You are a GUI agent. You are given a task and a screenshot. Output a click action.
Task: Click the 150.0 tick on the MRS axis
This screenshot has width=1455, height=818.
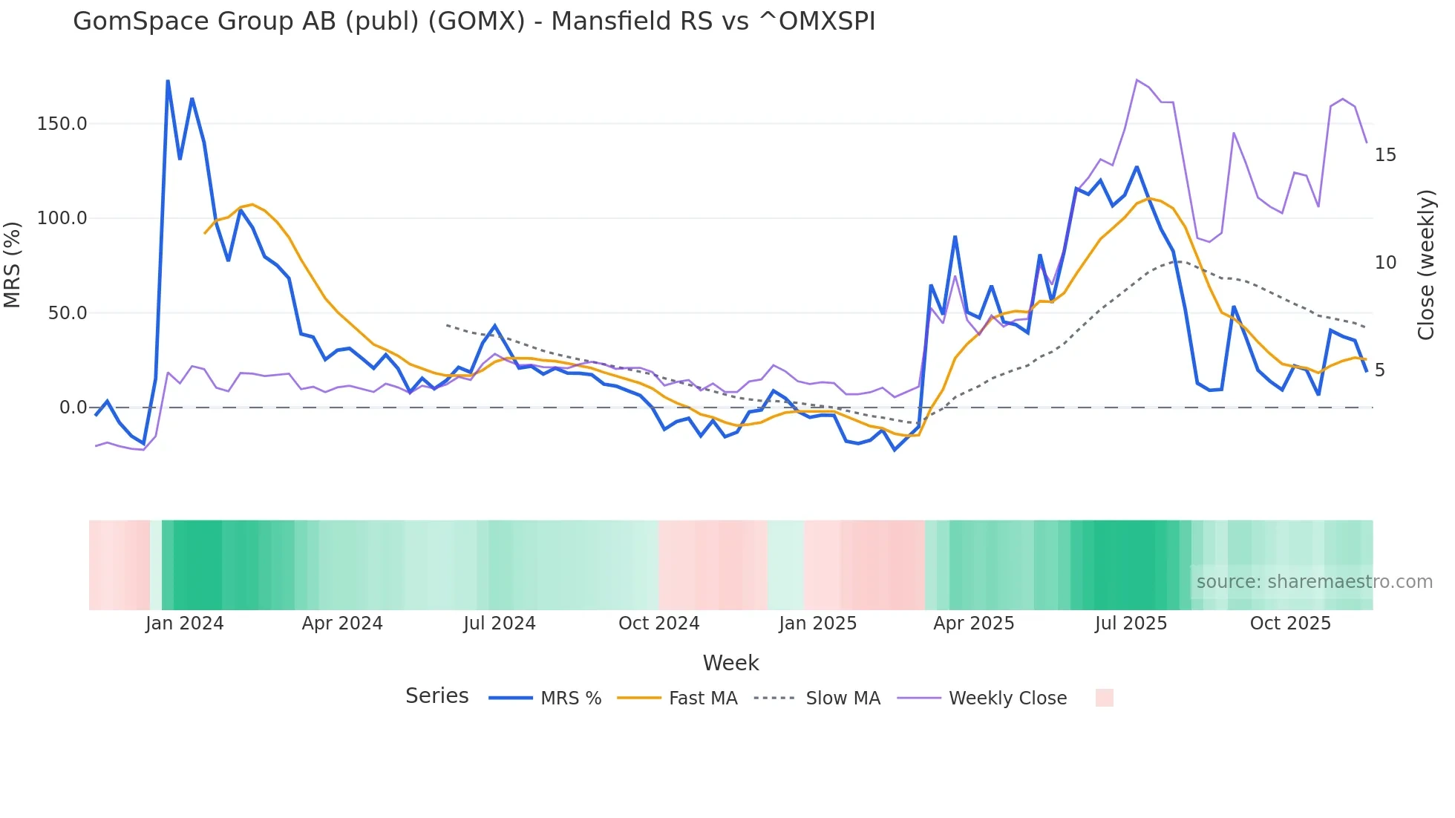[62, 123]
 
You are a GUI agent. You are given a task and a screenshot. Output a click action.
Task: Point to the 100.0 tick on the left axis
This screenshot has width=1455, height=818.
[62, 218]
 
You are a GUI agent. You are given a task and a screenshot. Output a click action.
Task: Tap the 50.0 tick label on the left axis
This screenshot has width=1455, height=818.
[67, 313]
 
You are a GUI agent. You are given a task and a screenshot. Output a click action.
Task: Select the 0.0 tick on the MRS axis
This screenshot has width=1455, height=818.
[73, 408]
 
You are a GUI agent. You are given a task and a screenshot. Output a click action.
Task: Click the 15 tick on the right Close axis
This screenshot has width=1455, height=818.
[1385, 155]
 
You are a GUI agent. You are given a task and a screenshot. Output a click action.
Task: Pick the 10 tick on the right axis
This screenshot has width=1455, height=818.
[1385, 263]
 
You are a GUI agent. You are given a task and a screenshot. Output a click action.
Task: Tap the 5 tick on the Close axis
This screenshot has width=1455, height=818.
[1379, 370]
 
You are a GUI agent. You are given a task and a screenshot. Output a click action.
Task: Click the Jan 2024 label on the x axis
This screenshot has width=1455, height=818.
[184, 624]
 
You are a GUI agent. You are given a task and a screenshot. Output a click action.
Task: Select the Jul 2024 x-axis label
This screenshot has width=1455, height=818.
[500, 624]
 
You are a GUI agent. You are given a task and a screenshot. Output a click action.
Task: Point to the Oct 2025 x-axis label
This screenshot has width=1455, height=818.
[1290, 624]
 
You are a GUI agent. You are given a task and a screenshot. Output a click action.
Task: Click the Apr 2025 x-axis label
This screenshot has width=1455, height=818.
[973, 624]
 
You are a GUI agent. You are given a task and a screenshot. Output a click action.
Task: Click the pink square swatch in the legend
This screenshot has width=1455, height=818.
[1104, 698]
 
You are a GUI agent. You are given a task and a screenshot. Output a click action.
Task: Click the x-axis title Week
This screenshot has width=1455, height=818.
[730, 663]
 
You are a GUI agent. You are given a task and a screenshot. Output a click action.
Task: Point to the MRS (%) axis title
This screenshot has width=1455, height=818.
[13, 265]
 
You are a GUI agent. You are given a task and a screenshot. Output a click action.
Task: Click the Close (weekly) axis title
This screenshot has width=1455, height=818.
[1426, 265]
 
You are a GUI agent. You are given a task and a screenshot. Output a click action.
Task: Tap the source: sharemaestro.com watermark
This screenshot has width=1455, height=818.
[1314, 582]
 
